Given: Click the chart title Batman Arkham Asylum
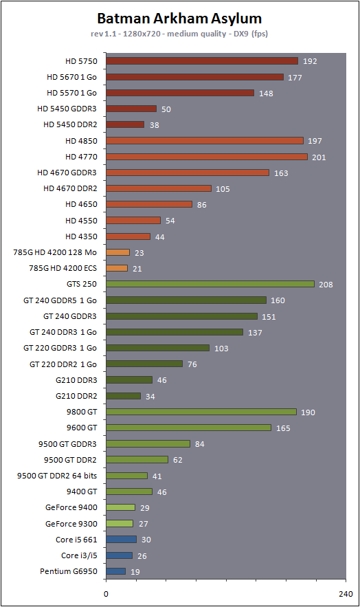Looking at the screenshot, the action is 179,18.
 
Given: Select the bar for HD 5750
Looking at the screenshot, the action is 202,60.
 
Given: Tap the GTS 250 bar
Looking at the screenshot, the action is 210,284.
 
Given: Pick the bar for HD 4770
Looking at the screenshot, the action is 207,157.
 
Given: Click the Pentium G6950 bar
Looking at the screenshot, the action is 115,571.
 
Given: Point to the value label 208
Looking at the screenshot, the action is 326,285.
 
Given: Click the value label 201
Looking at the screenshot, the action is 319,157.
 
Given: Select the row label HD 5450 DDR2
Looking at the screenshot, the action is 70,124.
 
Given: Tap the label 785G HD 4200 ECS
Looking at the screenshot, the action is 63,268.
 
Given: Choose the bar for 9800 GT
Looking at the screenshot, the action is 201,412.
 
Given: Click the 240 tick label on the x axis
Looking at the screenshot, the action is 346,594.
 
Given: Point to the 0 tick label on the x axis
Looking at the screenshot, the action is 106,594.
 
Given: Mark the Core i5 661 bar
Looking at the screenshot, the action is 121,539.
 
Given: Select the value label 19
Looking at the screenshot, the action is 135,572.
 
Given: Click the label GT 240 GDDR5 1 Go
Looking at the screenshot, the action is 60,300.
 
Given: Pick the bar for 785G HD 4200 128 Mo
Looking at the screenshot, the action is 117,252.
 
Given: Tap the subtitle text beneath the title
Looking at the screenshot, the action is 179,34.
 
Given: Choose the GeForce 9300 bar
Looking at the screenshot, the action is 120,523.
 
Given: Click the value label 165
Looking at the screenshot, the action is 283,428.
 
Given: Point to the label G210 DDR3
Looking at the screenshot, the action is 76,379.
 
